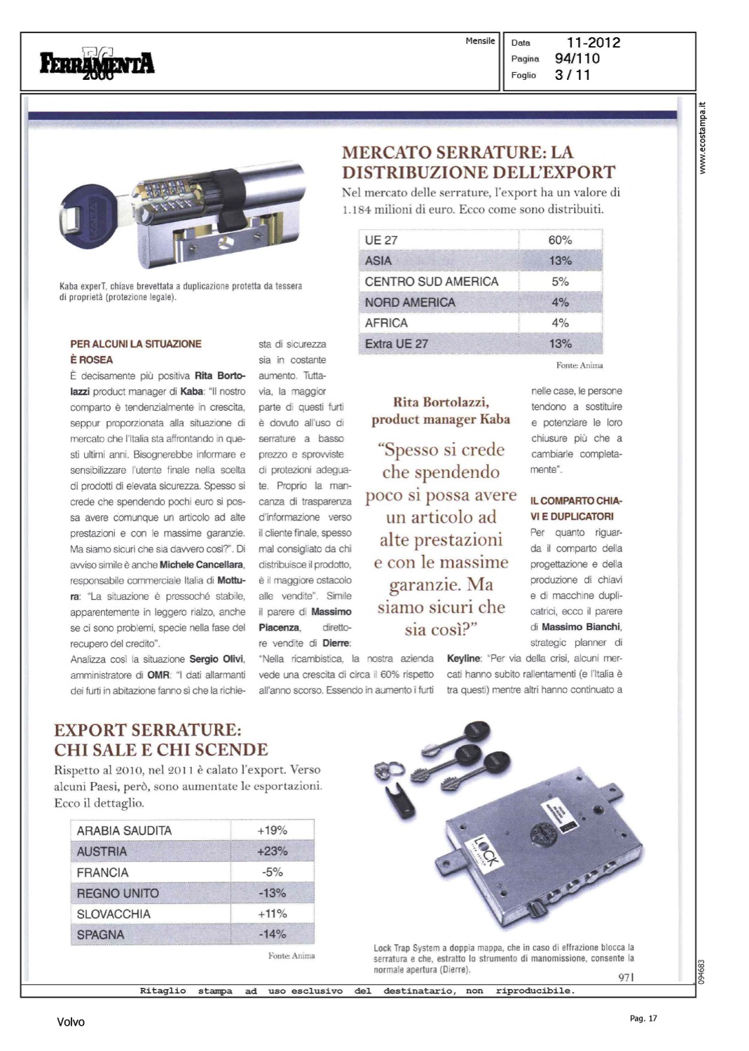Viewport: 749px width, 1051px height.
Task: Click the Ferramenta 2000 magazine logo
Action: coord(97,64)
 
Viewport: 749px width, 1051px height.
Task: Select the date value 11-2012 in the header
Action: coord(593,43)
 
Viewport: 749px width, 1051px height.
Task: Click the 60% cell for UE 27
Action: coord(560,240)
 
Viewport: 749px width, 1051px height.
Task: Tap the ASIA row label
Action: coord(378,261)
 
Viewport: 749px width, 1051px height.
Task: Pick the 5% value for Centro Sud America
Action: coord(560,282)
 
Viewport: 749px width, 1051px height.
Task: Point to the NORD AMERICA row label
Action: coord(410,303)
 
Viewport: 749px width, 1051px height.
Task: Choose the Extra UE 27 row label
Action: coord(396,344)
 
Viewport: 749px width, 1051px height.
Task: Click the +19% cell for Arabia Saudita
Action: coord(272,830)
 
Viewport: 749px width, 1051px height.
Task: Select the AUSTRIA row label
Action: coord(102,851)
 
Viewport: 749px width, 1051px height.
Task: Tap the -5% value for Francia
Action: coord(272,872)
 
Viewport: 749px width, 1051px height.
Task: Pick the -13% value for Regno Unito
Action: coord(272,893)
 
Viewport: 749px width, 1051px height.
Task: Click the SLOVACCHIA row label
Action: coord(114,914)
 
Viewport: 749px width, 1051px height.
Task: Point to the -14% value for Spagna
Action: coord(272,935)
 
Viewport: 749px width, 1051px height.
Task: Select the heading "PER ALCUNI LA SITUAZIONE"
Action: coord(136,344)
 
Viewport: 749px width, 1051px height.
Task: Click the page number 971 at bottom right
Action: coord(626,977)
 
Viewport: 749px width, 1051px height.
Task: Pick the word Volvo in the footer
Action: coord(71,1022)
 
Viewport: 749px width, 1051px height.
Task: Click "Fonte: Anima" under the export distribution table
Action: coord(579,365)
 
